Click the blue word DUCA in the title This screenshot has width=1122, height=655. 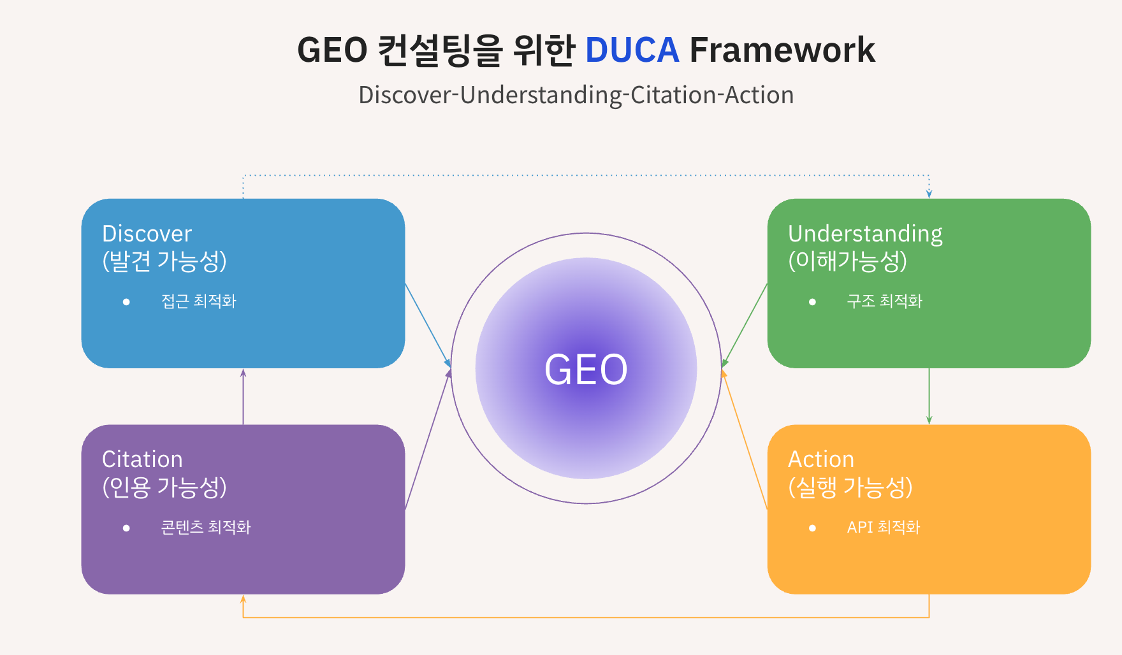pos(632,50)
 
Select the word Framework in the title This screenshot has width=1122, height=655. pos(782,50)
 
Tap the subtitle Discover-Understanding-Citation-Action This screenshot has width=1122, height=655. pos(576,95)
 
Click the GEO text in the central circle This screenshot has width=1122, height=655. pos(586,370)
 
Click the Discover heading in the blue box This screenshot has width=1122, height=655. pos(147,234)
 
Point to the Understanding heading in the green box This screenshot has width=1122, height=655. pos(865,234)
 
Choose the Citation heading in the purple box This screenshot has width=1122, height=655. pos(142,459)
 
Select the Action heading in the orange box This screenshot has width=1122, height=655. pos(820,459)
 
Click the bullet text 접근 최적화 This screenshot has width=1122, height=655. pos(198,301)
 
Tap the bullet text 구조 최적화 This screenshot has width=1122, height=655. pos(884,301)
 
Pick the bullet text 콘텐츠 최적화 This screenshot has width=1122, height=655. pos(205,528)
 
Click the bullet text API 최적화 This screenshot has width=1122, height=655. pos(883,528)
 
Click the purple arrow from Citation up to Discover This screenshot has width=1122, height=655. pos(243,396)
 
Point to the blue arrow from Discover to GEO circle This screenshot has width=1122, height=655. pos(428,325)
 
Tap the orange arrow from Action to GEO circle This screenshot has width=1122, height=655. pos(745,440)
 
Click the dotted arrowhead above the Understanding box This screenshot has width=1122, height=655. pos(929,193)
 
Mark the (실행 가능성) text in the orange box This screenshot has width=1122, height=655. pos(850,487)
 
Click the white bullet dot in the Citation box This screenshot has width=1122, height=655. pos(126,528)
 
